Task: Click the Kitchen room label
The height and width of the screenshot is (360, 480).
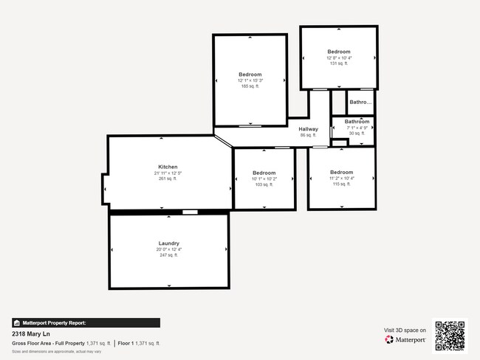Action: click(x=168, y=167)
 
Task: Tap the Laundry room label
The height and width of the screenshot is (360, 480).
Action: click(x=169, y=243)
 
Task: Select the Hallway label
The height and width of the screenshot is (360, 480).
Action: click(x=309, y=129)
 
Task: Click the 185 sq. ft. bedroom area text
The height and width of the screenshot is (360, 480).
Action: click(x=250, y=86)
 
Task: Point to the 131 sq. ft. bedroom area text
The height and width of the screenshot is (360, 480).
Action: click(x=339, y=63)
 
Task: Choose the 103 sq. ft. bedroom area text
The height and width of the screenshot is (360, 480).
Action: click(x=264, y=184)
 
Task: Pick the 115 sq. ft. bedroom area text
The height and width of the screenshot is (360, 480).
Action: click(x=341, y=184)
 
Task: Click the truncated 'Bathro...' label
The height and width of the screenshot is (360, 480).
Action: click(x=360, y=103)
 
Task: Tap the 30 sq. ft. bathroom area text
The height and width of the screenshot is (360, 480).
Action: click(x=357, y=134)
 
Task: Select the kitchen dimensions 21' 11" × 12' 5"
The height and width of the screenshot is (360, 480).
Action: click(x=168, y=173)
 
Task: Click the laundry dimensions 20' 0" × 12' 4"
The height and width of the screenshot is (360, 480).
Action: click(x=169, y=250)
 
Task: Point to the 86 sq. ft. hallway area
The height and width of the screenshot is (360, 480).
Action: click(x=309, y=136)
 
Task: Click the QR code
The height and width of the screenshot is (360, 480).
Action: click(x=450, y=335)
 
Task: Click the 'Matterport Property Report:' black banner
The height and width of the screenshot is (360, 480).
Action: click(x=86, y=322)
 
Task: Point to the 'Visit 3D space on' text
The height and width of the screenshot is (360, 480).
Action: click(x=405, y=330)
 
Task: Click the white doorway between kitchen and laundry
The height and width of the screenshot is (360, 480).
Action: click(x=190, y=212)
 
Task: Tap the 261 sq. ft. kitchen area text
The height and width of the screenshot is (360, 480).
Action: click(x=168, y=179)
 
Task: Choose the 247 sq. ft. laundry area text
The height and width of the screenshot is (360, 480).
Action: click(x=169, y=256)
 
